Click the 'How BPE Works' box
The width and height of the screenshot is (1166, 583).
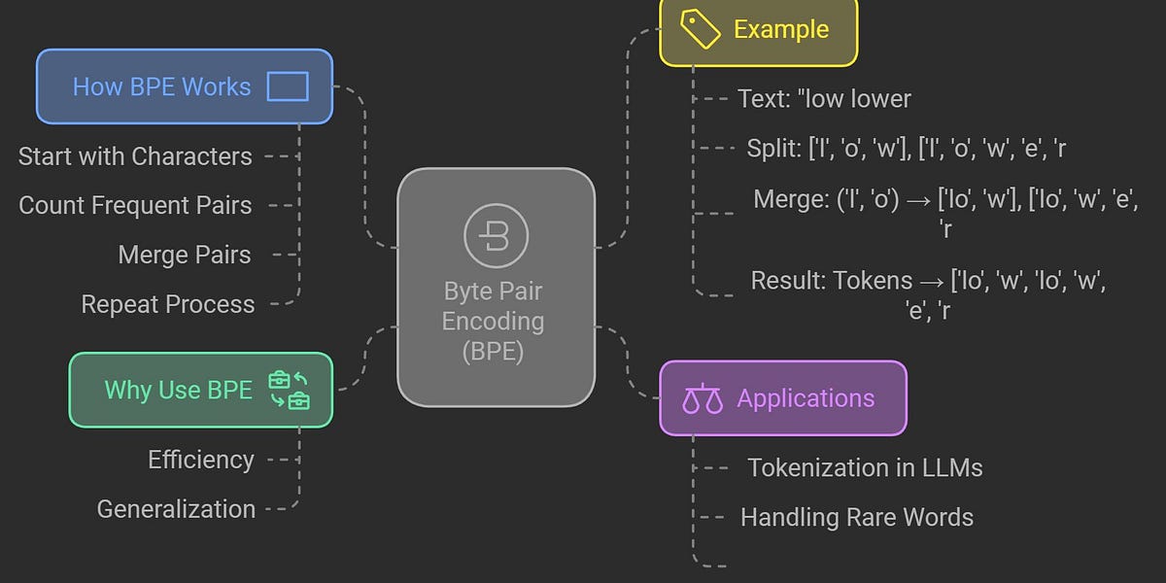pos(185,86)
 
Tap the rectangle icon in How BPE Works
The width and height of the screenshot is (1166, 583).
pos(288,86)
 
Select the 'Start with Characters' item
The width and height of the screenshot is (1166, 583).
pos(135,156)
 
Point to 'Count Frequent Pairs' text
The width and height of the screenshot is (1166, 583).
pos(135,205)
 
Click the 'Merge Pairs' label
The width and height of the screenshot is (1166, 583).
pos(185,255)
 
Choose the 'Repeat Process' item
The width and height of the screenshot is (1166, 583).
pos(168,304)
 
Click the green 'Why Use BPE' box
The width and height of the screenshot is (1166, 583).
pos(200,390)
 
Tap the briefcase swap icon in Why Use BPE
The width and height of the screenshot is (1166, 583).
pos(289,390)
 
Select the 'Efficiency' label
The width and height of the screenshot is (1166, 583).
pos(201,460)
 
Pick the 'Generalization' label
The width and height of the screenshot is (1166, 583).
pos(176,509)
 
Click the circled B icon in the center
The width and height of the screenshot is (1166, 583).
pos(496,236)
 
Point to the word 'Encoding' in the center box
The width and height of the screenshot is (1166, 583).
pos(494,321)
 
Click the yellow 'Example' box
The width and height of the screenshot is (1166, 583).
pos(758,31)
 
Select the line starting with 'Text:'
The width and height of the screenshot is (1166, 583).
pos(824,99)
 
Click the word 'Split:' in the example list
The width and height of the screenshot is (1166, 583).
pos(774,149)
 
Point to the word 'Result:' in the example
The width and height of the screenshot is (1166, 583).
pos(789,282)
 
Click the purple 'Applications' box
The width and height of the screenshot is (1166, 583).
pos(782,398)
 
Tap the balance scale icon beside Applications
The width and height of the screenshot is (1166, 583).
pos(703,399)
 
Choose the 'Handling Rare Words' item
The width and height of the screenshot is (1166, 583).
pos(856,517)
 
